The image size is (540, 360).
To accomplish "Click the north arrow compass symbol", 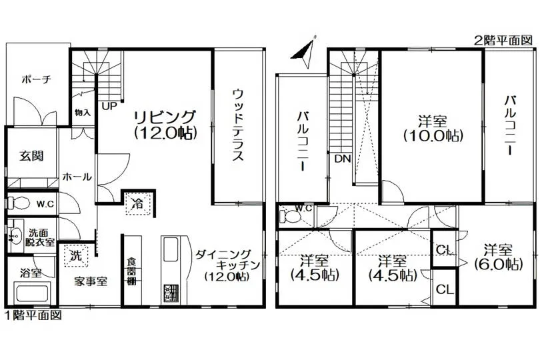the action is [305, 52].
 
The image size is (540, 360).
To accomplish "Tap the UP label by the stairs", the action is [109, 106].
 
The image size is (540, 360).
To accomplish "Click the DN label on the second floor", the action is [342, 159].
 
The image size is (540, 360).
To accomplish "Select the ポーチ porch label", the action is [36, 79].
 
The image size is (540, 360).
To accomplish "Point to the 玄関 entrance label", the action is [31, 156].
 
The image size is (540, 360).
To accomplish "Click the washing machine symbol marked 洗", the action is [76, 255].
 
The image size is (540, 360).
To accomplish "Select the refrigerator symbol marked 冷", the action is [139, 203].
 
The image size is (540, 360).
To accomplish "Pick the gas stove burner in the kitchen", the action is [171, 293].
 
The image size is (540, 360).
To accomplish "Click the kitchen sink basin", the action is [171, 249].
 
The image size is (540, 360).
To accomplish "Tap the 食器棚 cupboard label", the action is [131, 271].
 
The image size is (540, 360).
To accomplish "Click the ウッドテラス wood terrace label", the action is [237, 125].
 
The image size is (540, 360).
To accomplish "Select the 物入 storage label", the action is [83, 113].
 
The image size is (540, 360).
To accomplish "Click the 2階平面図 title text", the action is [503, 41].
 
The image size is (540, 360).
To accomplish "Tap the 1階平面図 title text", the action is [33, 315].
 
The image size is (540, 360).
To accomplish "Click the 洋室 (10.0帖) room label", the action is [433, 129].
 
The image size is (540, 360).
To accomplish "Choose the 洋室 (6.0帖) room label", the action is [498, 257].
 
